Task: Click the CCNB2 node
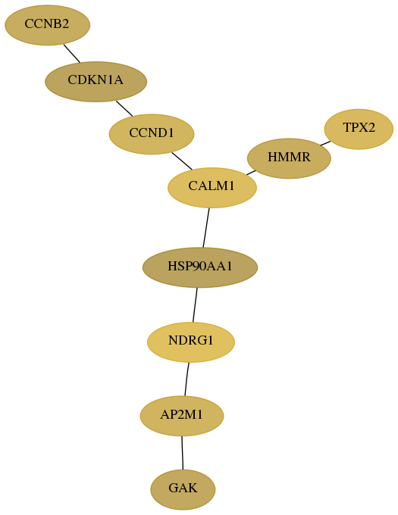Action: tap(47, 25)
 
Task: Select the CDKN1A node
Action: tap(96, 82)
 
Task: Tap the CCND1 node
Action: tap(152, 134)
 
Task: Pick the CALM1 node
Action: tap(212, 188)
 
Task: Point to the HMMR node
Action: tap(289, 158)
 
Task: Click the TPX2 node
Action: tap(359, 129)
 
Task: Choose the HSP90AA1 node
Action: tap(200, 267)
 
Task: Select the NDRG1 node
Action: tap(191, 342)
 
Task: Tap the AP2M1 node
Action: tap(182, 416)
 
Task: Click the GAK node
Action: tap(183, 489)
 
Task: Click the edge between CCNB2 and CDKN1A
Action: tap(72, 53)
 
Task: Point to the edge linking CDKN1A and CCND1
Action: tap(124, 108)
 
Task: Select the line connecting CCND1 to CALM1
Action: tap(182, 161)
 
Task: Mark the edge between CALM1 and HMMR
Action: tap(251, 173)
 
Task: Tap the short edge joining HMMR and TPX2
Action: tap(325, 143)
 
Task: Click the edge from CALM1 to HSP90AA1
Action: tap(206, 228)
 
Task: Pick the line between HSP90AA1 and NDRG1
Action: tap(195, 304)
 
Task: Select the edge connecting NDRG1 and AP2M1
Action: tap(186, 379)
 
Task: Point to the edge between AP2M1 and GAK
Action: tap(182, 453)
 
